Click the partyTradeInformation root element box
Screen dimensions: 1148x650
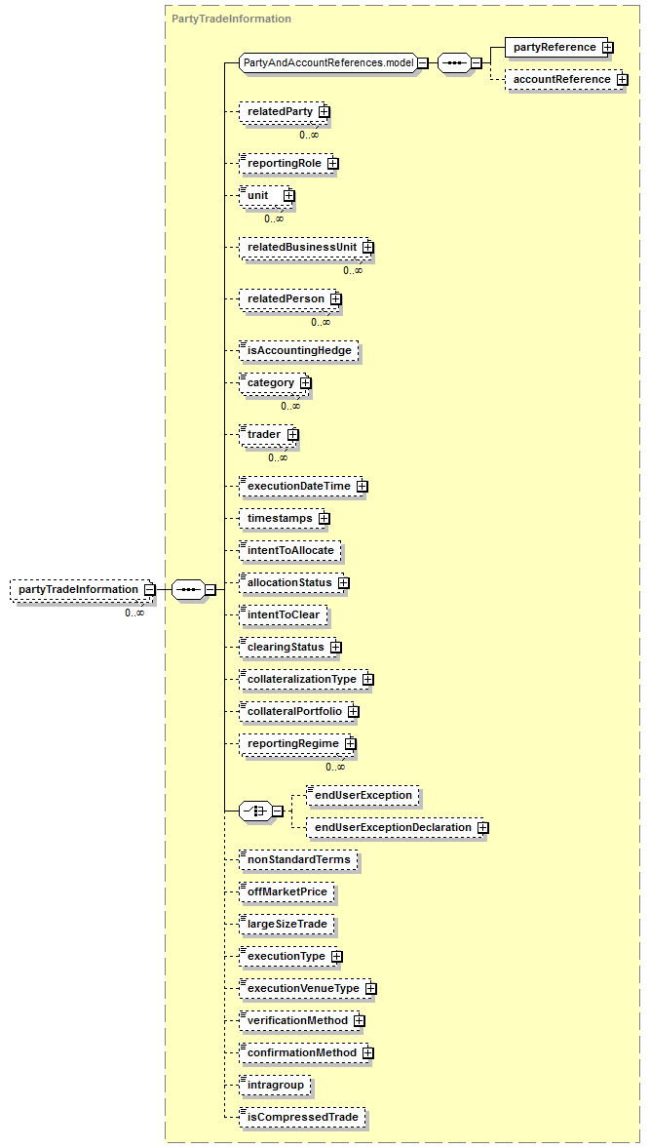click(78, 590)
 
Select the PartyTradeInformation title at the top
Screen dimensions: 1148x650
click(231, 19)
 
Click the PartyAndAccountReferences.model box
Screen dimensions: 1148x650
click(328, 63)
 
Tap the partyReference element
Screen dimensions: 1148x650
click(554, 47)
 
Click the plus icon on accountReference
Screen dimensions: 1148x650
click(622, 80)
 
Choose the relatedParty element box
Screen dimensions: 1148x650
click(280, 112)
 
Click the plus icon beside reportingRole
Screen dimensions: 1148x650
click(333, 163)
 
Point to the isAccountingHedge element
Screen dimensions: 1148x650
click(299, 350)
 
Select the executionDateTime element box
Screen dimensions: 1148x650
click(297, 486)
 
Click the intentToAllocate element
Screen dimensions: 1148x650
click(290, 550)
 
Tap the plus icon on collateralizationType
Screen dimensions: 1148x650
click(367, 679)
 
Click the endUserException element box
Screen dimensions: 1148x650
click(363, 796)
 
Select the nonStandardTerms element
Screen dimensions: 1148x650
click(298, 860)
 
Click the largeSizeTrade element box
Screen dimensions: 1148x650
click(287, 924)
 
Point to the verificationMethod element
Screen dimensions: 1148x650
click(297, 1020)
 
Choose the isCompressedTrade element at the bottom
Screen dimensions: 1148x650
click(302, 1117)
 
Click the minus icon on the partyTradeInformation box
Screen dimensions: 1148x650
click(148, 590)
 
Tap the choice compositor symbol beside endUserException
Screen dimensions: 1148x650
click(256, 811)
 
